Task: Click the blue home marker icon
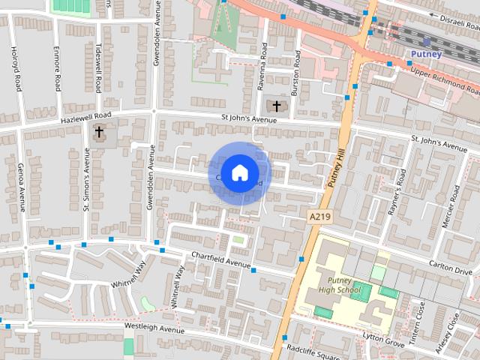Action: coord(238,172)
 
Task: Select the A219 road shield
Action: coord(319,216)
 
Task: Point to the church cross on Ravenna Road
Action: coord(276,106)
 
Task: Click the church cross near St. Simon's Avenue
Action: coord(99,132)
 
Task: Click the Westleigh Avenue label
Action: coord(154,328)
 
